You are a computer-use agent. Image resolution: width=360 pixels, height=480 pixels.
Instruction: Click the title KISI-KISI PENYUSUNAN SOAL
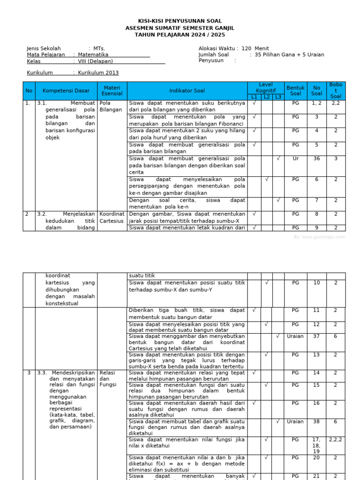[x=180, y=21]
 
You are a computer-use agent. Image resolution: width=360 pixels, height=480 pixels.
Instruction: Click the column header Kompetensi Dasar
[x=66, y=90]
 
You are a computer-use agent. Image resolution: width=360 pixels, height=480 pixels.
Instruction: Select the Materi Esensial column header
[x=112, y=90]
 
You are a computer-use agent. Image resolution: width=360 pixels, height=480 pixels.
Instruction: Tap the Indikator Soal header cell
[x=187, y=90]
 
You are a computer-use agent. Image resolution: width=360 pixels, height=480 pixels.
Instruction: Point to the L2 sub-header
[x=266, y=97]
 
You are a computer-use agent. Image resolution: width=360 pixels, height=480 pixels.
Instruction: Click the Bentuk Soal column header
[x=295, y=90]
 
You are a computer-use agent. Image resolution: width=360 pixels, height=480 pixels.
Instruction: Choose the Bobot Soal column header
[x=336, y=90]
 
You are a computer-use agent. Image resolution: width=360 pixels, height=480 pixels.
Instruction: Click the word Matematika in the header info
[x=93, y=55]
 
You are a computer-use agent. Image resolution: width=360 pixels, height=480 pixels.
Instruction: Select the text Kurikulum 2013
[x=98, y=73]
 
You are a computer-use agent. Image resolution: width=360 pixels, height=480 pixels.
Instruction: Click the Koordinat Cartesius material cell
[x=112, y=217]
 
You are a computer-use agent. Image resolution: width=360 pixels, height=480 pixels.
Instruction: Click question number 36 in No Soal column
[x=317, y=158]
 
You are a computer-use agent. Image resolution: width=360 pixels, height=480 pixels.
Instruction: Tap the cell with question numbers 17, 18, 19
[x=317, y=445]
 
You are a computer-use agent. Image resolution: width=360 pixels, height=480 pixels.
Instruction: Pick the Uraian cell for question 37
[x=295, y=336]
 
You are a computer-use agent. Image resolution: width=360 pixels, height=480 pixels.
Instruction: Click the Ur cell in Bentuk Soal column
[x=295, y=158]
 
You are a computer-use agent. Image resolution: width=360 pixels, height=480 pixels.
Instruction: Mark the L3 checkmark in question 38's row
[x=278, y=421]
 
